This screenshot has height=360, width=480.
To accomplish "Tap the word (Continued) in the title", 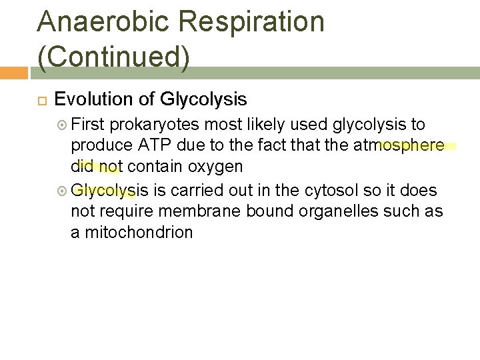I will point(114,57).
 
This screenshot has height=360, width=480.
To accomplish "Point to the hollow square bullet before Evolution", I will point(40,101).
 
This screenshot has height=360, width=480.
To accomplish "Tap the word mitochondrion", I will point(139,232).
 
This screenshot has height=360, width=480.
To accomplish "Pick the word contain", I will point(155,166).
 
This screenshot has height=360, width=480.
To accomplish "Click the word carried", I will point(197,190).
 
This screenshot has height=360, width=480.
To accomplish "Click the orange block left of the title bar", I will point(13,72).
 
